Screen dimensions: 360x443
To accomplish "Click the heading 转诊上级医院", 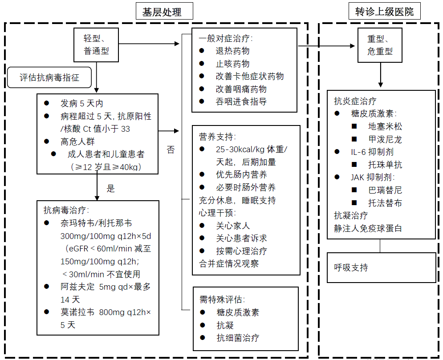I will tap(384, 12).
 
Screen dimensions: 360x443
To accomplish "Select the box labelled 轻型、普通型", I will tap(96, 44).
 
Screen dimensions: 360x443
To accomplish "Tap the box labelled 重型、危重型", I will tap(380, 44).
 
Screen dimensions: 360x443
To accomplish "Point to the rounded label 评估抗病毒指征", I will tap(49, 77).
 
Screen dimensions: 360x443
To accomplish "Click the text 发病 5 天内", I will tap(82, 104).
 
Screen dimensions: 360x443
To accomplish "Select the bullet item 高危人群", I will tap(78, 142).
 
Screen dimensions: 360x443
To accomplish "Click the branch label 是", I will tap(111, 188).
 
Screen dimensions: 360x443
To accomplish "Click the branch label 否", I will tap(171, 150).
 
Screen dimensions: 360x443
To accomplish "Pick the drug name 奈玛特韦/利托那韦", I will tap(96, 223).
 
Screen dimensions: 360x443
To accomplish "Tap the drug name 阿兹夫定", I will tap(77, 287).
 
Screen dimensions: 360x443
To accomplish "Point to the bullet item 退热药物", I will tap(232, 51).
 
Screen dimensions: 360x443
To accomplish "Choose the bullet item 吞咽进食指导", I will tap(241, 101).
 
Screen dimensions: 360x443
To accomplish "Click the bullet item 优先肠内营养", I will tap(241, 174).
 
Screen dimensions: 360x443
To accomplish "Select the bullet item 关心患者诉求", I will tap(241, 238).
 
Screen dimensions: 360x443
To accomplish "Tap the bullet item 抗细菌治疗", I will tap(237, 338).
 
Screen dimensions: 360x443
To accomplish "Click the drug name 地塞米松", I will tap(385, 126).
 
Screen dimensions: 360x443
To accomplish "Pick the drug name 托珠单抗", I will tap(385, 165).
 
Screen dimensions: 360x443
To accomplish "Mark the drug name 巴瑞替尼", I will tap(385, 190).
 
